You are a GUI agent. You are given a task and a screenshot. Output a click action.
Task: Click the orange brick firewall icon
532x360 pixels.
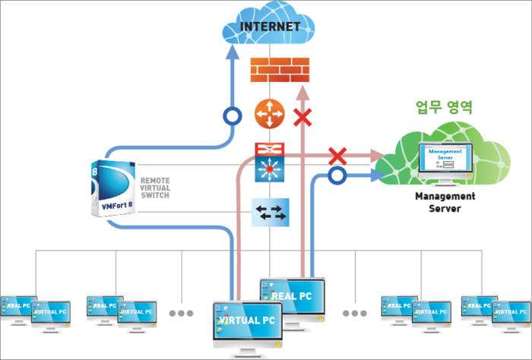point(280,70)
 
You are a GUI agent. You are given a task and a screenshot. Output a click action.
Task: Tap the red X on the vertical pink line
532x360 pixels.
point(303,117)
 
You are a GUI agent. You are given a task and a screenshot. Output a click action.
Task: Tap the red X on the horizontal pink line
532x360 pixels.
point(337,157)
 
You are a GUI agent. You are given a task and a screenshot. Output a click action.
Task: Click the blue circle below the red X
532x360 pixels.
point(337,176)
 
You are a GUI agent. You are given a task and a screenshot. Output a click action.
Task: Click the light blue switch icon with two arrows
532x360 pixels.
point(271,212)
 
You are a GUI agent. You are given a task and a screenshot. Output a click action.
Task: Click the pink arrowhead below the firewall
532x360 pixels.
point(303,90)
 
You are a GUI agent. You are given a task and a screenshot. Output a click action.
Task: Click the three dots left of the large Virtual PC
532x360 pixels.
point(182,313)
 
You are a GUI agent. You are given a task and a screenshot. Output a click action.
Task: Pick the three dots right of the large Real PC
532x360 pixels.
point(354,313)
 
